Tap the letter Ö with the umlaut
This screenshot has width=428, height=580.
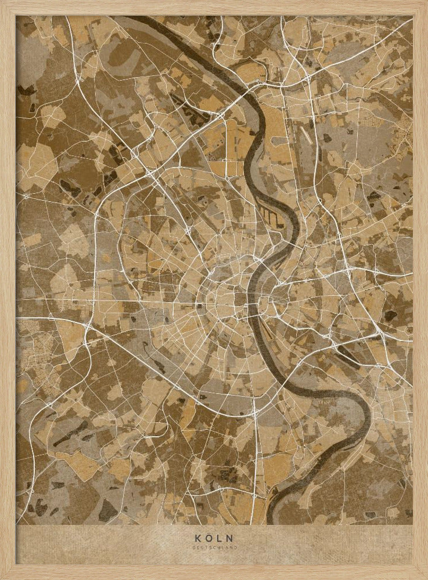[207, 538]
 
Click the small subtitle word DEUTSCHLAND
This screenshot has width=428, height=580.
[214, 547]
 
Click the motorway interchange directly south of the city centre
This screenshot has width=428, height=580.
[254, 413]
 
